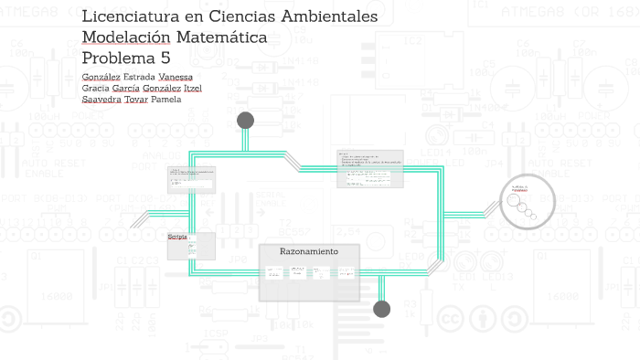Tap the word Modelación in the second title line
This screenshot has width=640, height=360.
click(x=125, y=37)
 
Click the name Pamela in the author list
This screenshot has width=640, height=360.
click(x=160, y=100)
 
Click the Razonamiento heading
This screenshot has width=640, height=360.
click(x=308, y=251)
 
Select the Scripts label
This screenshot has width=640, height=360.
click(x=177, y=237)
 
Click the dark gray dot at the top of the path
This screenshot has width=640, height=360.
click(x=245, y=121)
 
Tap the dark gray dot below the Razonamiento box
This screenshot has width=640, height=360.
click(x=382, y=309)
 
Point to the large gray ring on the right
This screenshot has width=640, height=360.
click(x=527, y=201)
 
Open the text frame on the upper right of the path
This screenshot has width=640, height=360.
click(x=369, y=169)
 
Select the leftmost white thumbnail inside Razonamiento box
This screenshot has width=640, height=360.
click(x=273, y=271)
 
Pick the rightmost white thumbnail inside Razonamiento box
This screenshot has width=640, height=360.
click(x=346, y=271)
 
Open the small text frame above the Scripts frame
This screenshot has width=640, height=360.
click(x=190, y=179)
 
